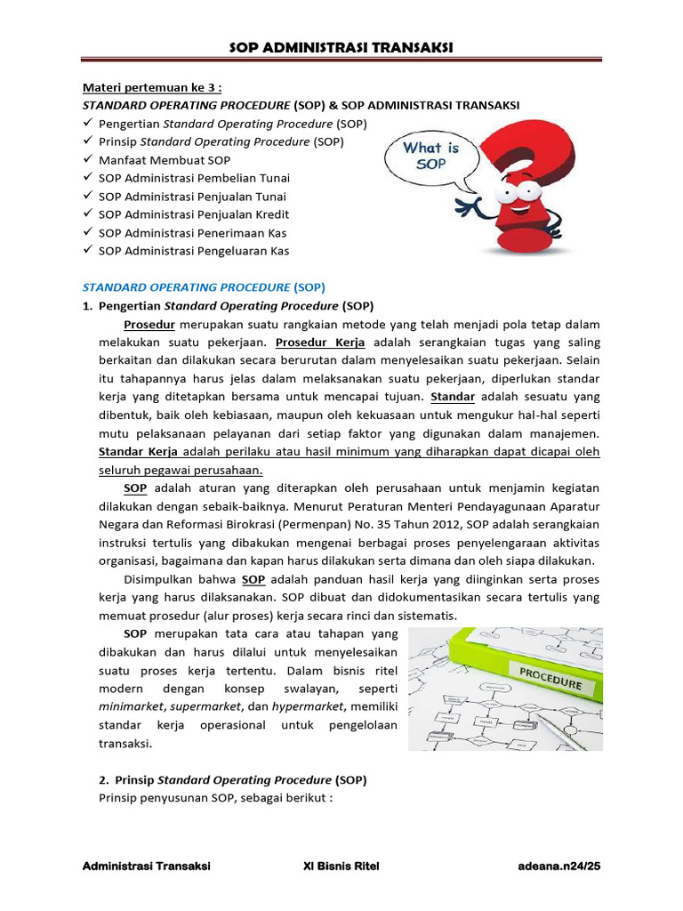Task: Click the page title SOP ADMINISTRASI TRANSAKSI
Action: [x=341, y=47]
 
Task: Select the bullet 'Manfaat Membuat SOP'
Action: [x=164, y=160]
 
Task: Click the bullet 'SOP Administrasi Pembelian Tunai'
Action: [x=194, y=178]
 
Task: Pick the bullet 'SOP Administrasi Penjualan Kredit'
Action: [x=194, y=214]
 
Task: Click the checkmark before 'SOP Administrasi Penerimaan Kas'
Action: [x=88, y=233]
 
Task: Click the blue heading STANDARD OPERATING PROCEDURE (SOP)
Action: [x=204, y=287]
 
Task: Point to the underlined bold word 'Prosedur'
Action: [x=149, y=324]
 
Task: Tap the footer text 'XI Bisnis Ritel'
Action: [x=341, y=867]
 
